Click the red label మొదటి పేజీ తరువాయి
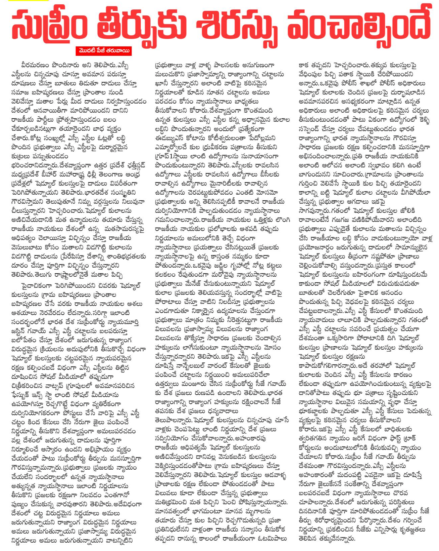(103, 51)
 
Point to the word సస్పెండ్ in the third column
(312, 129)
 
